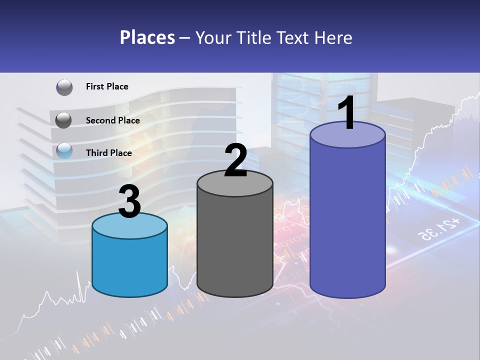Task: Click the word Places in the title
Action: tap(147, 37)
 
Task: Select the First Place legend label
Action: tap(107, 86)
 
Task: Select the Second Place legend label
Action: tap(112, 120)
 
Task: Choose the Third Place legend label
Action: tap(108, 153)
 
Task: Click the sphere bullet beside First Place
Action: tap(64, 87)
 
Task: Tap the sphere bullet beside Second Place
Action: tap(64, 120)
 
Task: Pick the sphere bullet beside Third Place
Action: tap(64, 150)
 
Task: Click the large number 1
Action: tap(347, 113)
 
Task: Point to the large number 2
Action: tap(235, 161)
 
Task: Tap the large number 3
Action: tap(129, 202)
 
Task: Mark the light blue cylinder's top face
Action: tap(129, 226)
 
